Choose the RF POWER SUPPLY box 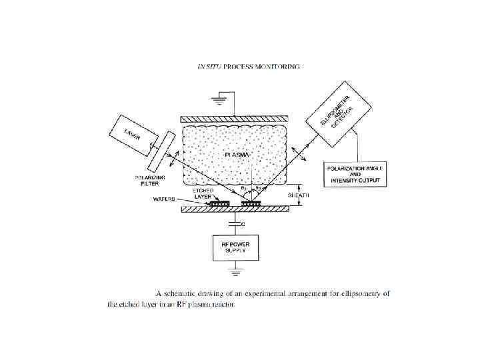(235, 247)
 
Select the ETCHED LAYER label (203, 193)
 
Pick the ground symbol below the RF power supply (235, 271)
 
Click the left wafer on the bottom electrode (218, 204)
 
